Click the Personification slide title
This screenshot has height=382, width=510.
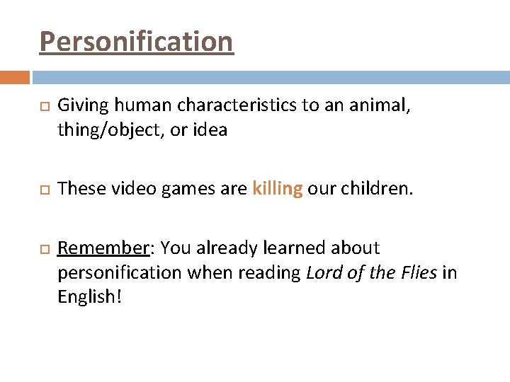[136, 42]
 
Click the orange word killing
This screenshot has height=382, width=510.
[278, 189]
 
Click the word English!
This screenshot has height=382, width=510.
[90, 296]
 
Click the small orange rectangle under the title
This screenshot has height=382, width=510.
[14, 77]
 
